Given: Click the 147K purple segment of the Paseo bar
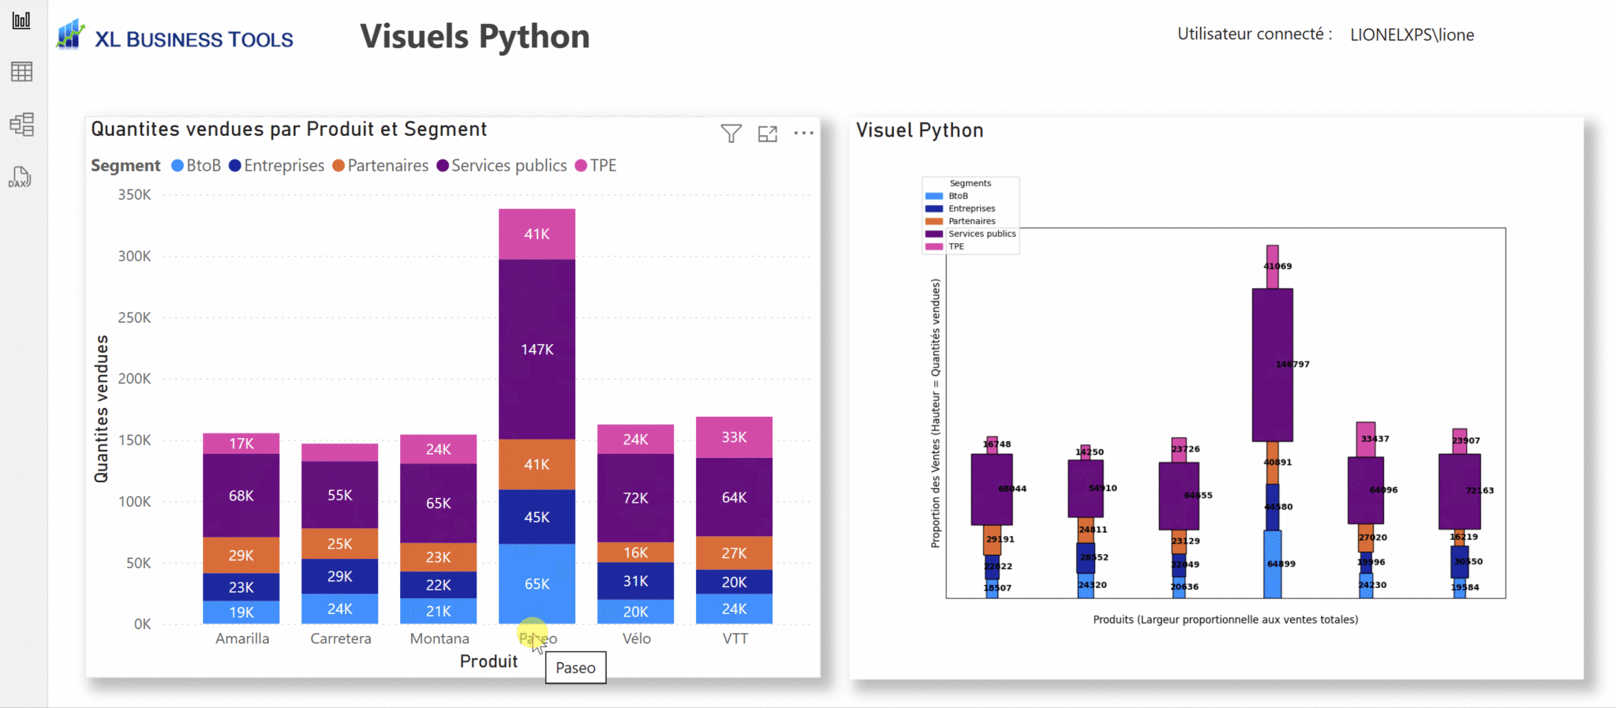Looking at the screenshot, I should click(x=537, y=349).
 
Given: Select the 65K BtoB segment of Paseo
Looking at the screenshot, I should click(x=537, y=584).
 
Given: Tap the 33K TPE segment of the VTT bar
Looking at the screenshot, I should click(x=734, y=437).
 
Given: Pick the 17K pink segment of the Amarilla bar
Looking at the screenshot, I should click(x=241, y=444).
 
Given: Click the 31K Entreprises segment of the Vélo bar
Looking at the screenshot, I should click(x=635, y=581).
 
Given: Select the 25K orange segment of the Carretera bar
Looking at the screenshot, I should click(x=339, y=544).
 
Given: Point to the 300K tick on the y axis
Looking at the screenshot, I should click(x=134, y=256).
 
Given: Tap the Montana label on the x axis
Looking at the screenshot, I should click(x=440, y=639).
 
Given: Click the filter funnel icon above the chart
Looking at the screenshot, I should click(x=731, y=133).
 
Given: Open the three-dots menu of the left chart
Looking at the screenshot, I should click(x=803, y=133).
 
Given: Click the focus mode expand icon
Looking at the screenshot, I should click(x=767, y=133).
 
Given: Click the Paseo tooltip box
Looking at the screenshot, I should click(x=575, y=668).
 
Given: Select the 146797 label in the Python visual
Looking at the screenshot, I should click(x=1292, y=364).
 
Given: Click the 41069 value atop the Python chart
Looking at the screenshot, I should click(x=1277, y=266).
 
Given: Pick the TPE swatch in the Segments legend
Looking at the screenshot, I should click(x=933, y=246).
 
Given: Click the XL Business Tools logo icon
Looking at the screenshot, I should click(x=70, y=35).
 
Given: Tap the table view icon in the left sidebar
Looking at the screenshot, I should click(x=21, y=72).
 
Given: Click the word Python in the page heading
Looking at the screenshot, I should click(x=534, y=37).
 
